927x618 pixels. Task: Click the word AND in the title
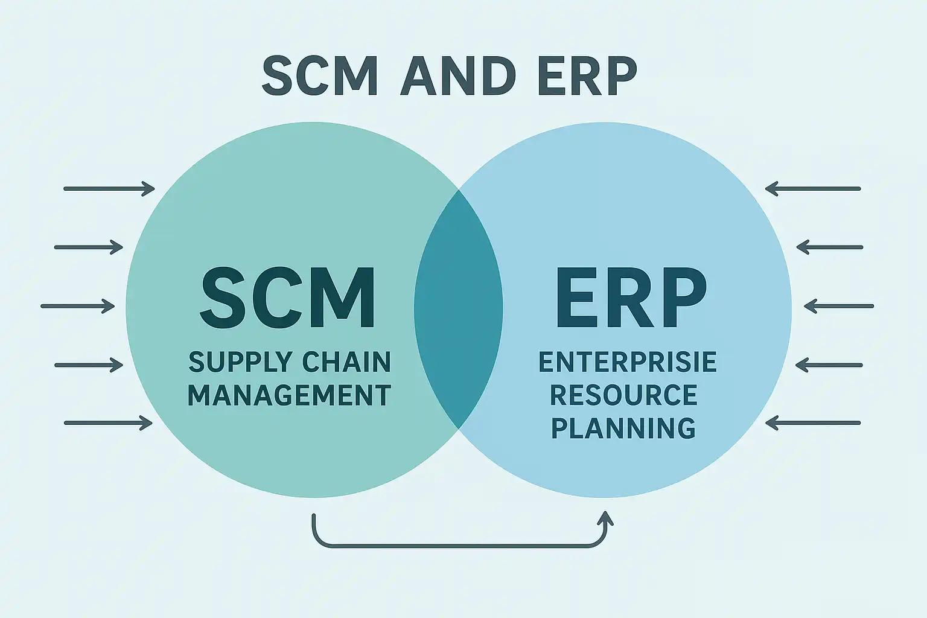pos(458,76)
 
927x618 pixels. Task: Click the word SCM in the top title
pos(320,76)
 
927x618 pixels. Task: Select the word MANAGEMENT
pos(289,395)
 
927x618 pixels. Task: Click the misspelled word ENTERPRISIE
pos(627,362)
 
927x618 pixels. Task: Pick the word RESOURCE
pos(623,395)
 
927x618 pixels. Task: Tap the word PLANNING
pos(623,428)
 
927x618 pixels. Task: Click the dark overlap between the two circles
pos(458,308)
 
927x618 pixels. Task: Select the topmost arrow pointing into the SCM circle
pos(109,189)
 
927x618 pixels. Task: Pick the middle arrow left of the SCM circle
pos(77,306)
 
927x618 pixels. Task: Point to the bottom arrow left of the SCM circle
pos(107,423)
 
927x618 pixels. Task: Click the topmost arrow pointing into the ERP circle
pos(813,189)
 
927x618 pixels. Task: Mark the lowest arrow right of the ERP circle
pos(813,423)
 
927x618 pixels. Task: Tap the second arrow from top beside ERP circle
pos(829,247)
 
